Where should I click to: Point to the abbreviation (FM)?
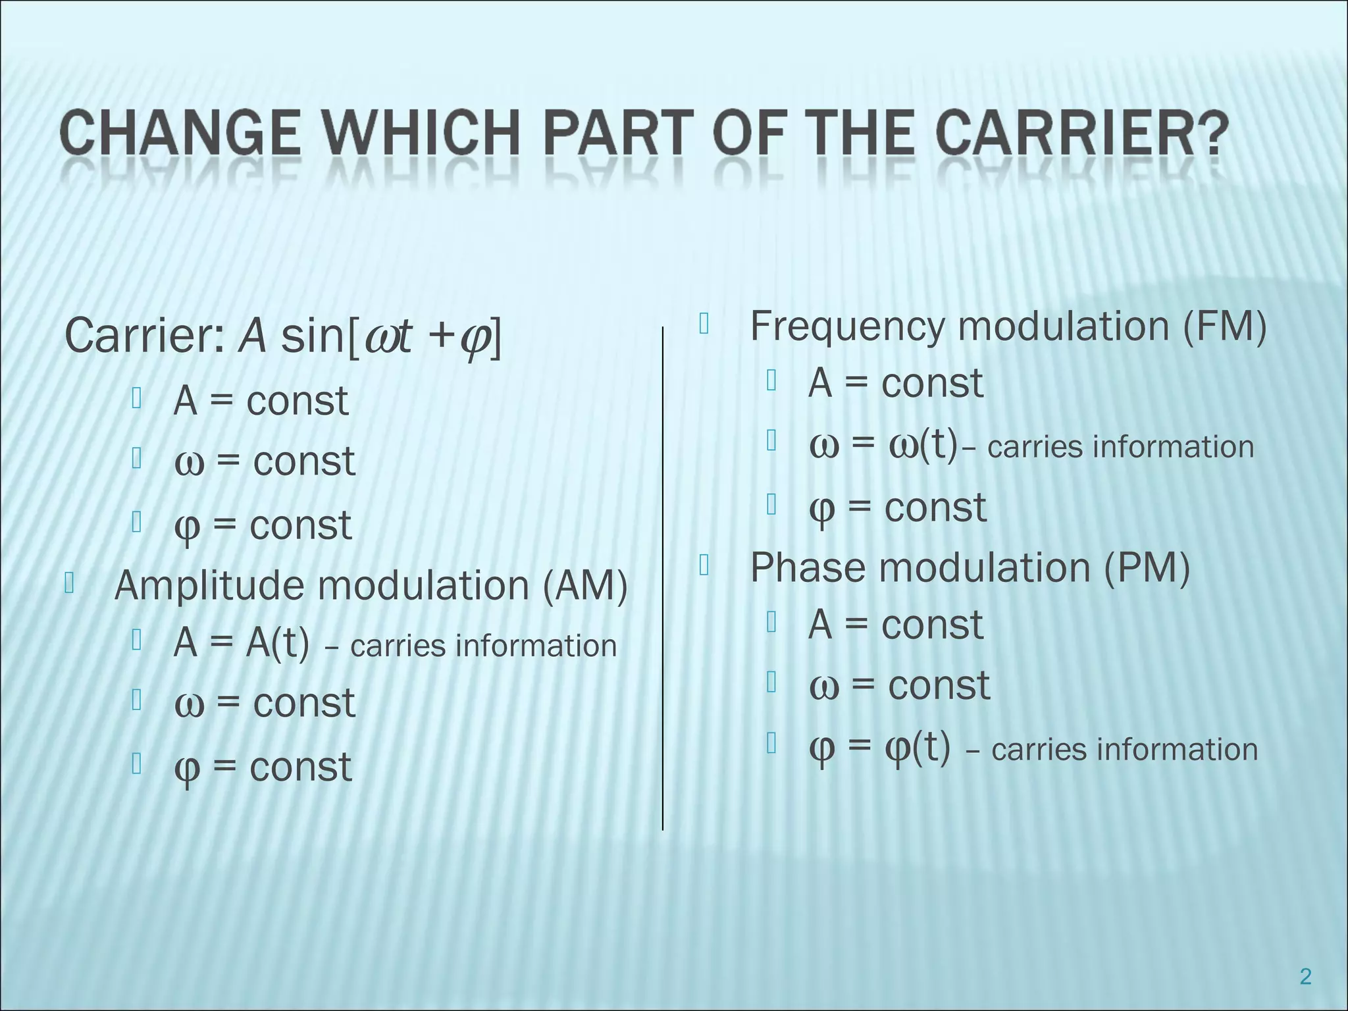point(1224,326)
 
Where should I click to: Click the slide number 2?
point(1306,977)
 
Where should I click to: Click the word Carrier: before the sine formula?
point(145,336)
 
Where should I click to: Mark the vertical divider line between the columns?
point(662,579)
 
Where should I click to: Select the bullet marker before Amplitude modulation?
point(68,583)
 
